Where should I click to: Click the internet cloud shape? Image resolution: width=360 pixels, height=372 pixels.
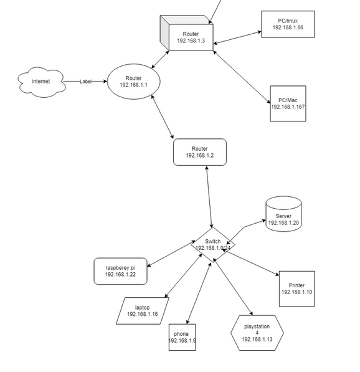tap(41, 82)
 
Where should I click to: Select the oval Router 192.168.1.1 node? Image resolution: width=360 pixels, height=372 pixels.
tap(134, 82)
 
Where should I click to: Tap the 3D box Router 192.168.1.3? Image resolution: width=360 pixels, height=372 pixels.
tap(187, 33)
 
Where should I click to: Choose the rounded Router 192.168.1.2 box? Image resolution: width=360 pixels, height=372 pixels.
tap(200, 152)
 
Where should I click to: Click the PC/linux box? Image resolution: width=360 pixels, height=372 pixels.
tap(288, 24)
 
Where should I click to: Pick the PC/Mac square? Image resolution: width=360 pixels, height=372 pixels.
tap(288, 103)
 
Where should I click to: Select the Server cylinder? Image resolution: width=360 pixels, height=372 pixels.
tap(283, 214)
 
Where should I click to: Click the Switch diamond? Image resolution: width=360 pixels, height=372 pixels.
tap(213, 245)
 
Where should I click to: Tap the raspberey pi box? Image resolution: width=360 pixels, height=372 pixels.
tap(120, 271)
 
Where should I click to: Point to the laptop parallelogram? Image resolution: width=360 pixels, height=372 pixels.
tap(143, 311)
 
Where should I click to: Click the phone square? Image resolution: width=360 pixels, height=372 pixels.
tap(182, 337)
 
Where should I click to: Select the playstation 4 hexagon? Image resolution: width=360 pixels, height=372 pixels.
tap(257, 333)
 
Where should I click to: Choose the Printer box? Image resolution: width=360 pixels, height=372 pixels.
tap(297, 289)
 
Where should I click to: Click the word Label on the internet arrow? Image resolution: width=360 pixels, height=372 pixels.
tap(85, 82)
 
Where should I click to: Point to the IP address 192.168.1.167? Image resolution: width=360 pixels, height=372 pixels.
tap(288, 107)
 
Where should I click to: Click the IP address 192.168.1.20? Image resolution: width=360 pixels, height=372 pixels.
tap(283, 223)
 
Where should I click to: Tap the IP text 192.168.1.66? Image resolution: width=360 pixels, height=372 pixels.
tap(288, 27)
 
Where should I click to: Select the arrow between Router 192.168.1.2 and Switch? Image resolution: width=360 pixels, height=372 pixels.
tap(209, 197)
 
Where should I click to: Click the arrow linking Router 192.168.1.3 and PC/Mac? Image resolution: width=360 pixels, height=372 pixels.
tap(242, 77)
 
